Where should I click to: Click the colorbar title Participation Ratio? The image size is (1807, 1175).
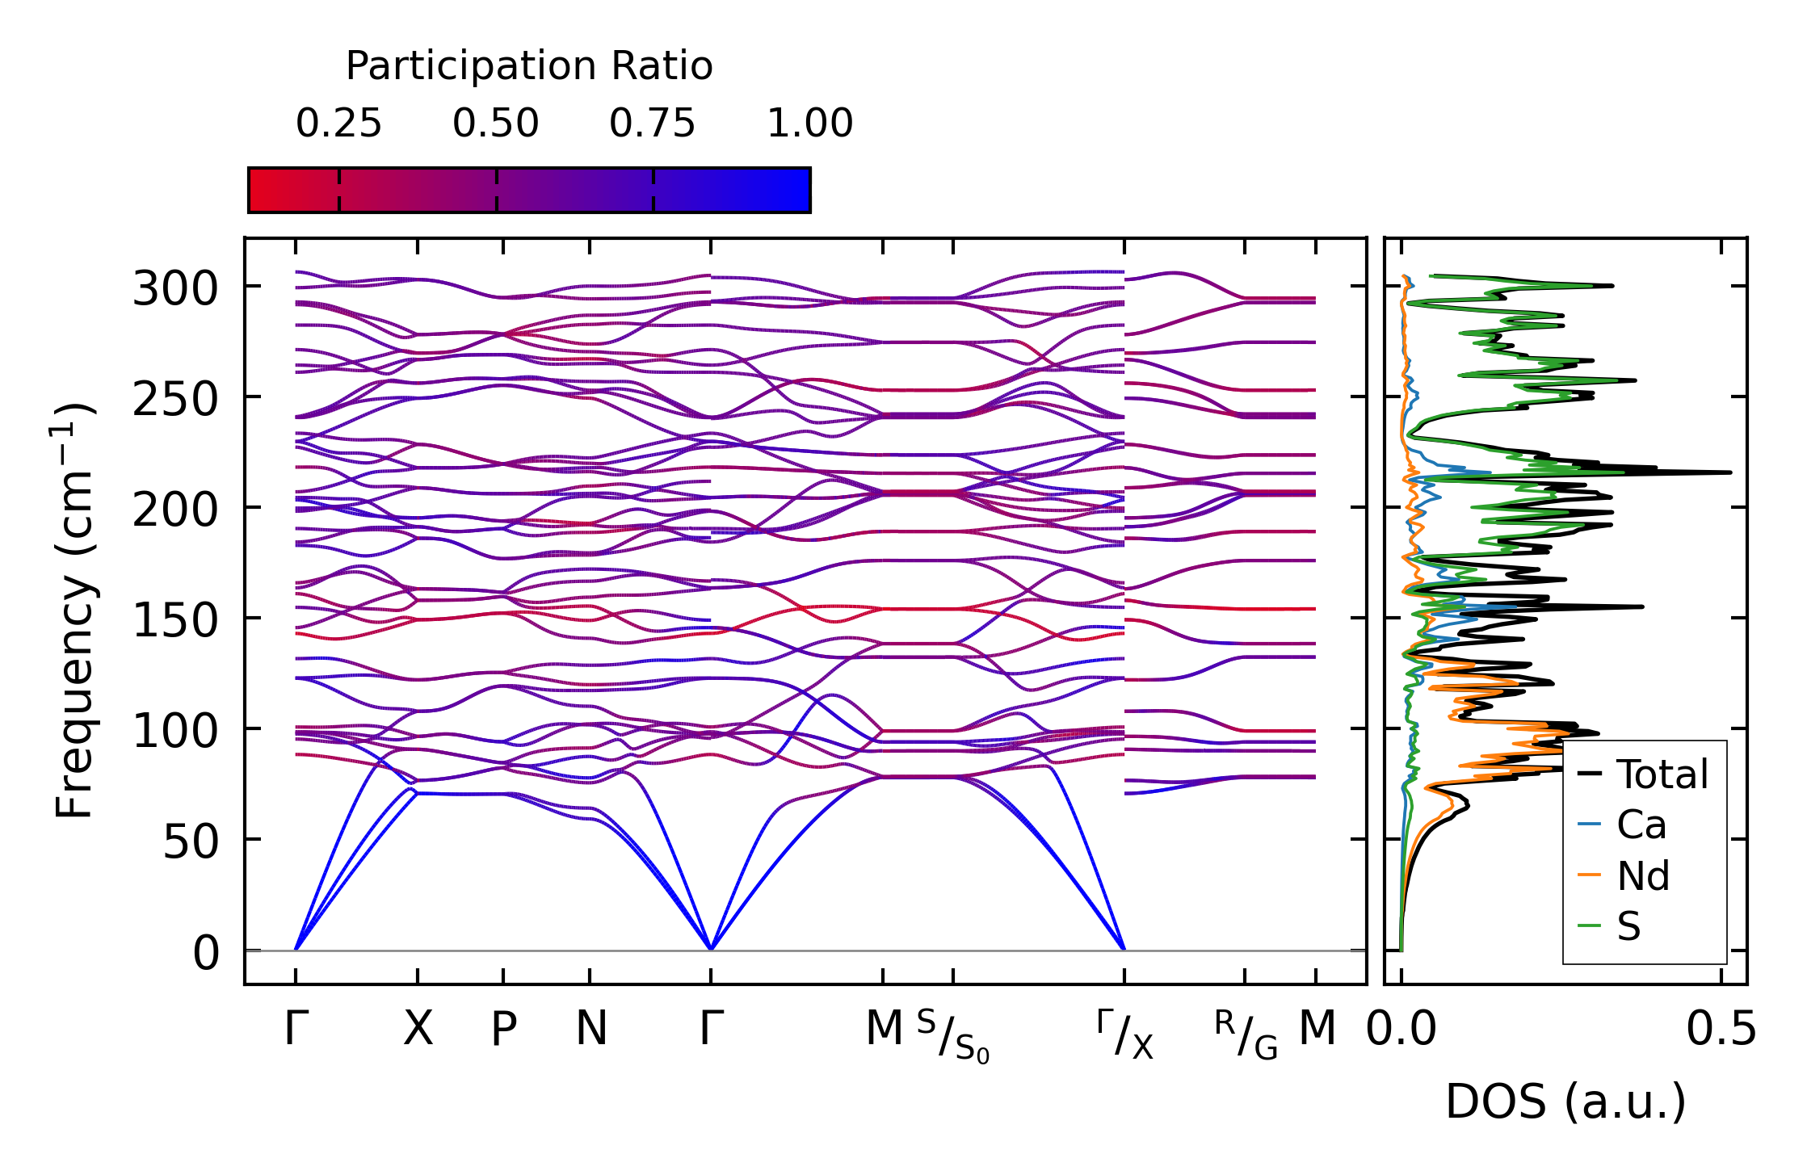pos(529,66)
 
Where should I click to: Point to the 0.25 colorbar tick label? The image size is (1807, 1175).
pos(338,124)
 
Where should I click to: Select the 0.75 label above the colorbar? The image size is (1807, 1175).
pos(652,124)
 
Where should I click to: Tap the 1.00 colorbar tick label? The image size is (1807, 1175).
pos(809,124)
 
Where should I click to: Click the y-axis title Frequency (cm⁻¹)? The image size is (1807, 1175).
pos(74,611)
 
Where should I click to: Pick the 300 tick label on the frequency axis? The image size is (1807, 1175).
pos(175,288)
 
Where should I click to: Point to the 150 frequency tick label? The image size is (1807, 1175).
pos(175,620)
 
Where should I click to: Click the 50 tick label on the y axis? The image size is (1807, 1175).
pos(191,842)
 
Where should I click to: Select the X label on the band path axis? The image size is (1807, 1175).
pos(418,1029)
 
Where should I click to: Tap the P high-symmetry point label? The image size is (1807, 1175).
pos(503,1029)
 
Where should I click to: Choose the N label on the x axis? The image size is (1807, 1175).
pos(590,1029)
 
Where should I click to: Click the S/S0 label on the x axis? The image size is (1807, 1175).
pos(953,1037)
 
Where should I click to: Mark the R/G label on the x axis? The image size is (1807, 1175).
pos(1246,1035)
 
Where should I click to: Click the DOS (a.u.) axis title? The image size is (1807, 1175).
pos(1565,1102)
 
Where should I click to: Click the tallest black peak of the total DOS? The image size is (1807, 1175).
pos(1728,472)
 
